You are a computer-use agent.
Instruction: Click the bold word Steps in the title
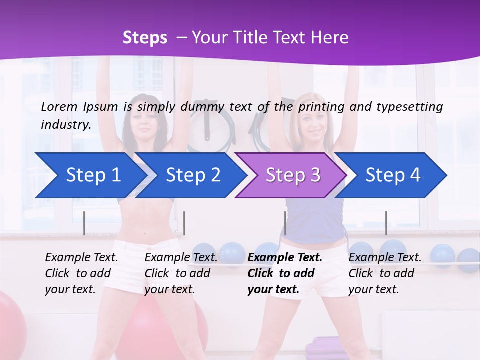(x=145, y=38)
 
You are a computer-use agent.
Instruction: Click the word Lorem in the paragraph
(x=59, y=106)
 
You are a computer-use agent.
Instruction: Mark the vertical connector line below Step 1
(x=84, y=223)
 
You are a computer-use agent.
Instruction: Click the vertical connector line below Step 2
(x=184, y=223)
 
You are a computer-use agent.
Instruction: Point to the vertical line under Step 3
(x=285, y=223)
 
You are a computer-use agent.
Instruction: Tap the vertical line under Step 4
(x=386, y=223)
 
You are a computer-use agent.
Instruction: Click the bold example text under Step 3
(x=285, y=273)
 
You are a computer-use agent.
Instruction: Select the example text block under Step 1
(x=81, y=273)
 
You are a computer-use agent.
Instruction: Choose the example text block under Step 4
(x=385, y=273)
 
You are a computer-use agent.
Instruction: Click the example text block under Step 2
(x=181, y=273)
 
